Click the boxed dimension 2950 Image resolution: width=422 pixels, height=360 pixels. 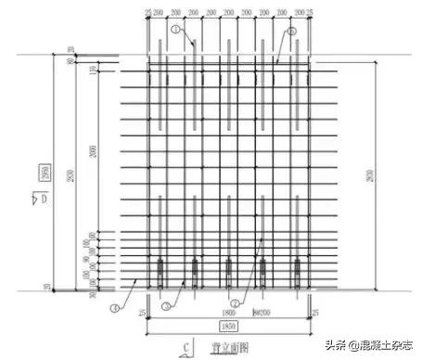pyautogui.click(x=44, y=173)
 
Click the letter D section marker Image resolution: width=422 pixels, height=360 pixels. pyautogui.click(x=42, y=197)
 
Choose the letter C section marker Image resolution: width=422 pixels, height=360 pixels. pyautogui.click(x=186, y=348)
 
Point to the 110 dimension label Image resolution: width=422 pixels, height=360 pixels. pyautogui.click(x=92, y=72)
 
